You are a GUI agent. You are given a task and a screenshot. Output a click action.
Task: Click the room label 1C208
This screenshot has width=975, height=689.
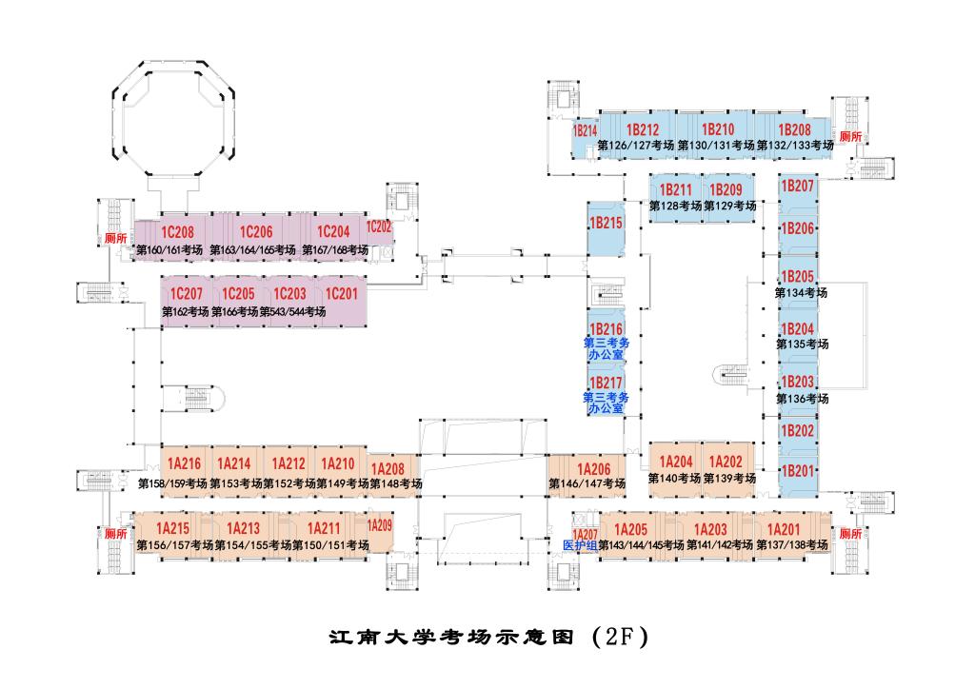pyautogui.click(x=177, y=232)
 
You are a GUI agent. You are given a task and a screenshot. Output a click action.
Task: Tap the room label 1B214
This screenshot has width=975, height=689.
pyautogui.click(x=585, y=130)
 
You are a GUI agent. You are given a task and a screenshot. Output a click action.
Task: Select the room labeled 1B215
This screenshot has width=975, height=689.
pyautogui.click(x=606, y=223)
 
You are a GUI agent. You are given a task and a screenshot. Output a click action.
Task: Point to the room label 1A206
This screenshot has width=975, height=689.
pyautogui.click(x=593, y=468)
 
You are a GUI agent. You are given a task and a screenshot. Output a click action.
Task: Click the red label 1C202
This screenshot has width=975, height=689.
pyautogui.click(x=379, y=226)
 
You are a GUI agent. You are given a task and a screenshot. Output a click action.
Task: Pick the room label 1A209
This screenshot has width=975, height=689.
pyautogui.click(x=379, y=524)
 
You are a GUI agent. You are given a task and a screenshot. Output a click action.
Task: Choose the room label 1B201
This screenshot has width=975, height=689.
pyautogui.click(x=798, y=470)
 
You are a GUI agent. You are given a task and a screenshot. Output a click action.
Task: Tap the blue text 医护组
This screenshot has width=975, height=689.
pyautogui.click(x=580, y=545)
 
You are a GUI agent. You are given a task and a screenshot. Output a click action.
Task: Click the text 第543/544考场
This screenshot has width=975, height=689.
pyautogui.click(x=293, y=312)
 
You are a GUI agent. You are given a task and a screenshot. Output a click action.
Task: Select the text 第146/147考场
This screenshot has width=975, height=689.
pyautogui.click(x=587, y=483)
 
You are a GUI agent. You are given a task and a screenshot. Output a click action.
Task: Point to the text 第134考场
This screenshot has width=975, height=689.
pyautogui.click(x=801, y=292)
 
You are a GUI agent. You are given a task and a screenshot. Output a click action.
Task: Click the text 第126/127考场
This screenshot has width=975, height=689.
pyautogui.click(x=635, y=146)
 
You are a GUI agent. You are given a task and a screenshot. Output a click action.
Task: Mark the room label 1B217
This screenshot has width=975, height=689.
pyautogui.click(x=606, y=383)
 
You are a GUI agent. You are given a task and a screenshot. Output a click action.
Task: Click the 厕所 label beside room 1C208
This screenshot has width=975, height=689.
pyautogui.click(x=116, y=238)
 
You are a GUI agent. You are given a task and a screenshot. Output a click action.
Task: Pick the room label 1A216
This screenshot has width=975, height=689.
pyautogui.click(x=184, y=464)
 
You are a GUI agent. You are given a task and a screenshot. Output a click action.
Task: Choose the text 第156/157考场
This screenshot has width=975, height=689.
pyautogui.click(x=175, y=545)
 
